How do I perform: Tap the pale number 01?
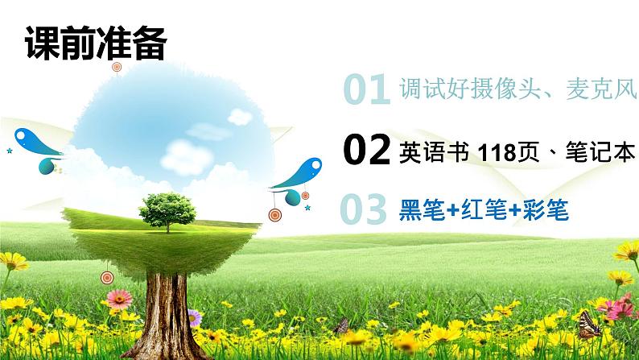(367, 91)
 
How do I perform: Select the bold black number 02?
(367, 150)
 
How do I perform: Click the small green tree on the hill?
(167, 209)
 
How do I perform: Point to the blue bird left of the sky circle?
(39, 142)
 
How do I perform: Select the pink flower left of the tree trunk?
(118, 300)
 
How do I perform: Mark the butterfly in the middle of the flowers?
(341, 325)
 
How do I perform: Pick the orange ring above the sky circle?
(117, 66)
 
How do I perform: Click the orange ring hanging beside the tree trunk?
(107, 278)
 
